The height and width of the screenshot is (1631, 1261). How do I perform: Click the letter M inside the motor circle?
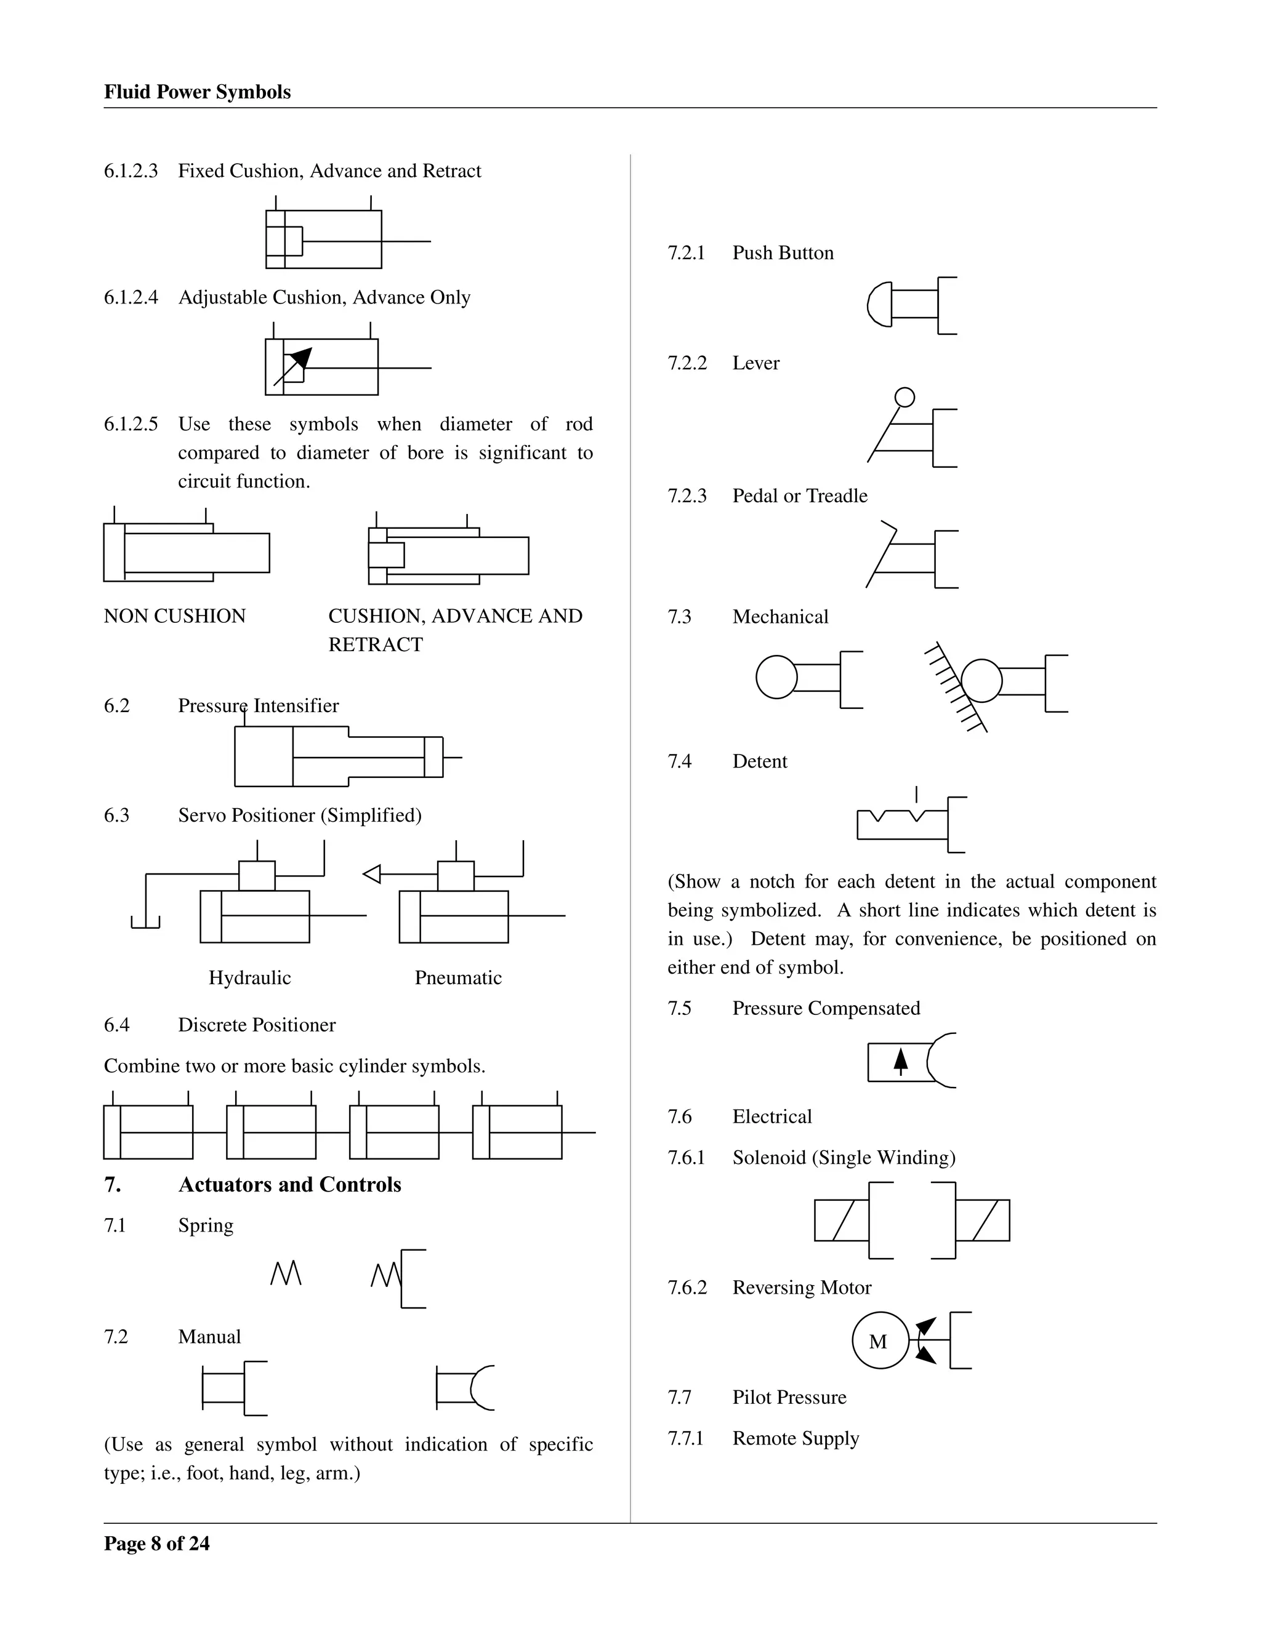point(878,1342)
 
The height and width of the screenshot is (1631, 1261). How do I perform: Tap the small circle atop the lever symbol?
point(904,398)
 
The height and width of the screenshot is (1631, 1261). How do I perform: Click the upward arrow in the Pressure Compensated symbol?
point(901,1061)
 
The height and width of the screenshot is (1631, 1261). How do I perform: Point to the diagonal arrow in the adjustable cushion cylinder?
point(294,366)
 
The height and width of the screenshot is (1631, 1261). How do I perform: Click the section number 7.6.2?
point(687,1288)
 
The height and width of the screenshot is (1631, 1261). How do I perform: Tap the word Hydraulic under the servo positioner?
point(249,977)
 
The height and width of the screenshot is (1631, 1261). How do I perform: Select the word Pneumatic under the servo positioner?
point(458,977)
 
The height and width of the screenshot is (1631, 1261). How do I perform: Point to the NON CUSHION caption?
point(175,616)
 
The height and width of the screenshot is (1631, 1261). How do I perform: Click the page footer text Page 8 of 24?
point(157,1544)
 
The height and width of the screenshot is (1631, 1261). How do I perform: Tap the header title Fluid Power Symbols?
point(197,92)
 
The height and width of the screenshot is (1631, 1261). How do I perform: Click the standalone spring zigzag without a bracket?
point(285,1274)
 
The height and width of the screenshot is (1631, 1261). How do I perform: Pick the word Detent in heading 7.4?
point(760,762)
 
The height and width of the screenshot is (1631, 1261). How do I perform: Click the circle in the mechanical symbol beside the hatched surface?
point(981,680)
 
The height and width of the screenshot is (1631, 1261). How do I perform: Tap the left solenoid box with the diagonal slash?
point(842,1220)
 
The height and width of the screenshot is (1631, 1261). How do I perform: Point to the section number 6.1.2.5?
point(131,424)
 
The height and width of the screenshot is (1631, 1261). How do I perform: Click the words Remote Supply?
point(796,1438)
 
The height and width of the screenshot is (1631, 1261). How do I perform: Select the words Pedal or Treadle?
point(800,496)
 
